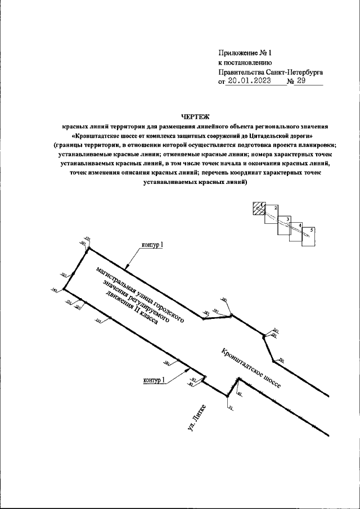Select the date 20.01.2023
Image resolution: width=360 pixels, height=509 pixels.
pyautogui.click(x=247, y=81)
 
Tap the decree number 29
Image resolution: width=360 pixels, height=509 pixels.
pyautogui.click(x=301, y=81)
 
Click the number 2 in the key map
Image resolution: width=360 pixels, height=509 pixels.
pyautogui.click(x=276, y=208)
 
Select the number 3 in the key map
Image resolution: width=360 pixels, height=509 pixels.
pyautogui.click(x=287, y=219)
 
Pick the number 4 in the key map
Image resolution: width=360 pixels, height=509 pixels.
pyautogui.click(x=300, y=226)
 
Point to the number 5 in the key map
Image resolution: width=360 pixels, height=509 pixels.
pyautogui.click(x=312, y=230)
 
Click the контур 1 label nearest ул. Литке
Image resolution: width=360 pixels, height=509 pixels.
pyautogui.click(x=154, y=381)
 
